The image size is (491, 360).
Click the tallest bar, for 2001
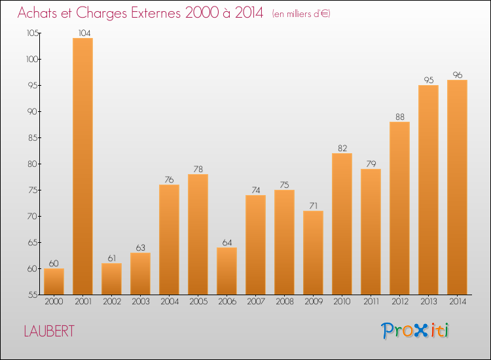[82, 166]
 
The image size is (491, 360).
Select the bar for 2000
[54, 281]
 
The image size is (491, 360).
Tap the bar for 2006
[227, 271]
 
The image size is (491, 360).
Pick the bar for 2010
[342, 224]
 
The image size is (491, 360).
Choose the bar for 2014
[457, 187]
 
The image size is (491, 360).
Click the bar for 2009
[313, 253]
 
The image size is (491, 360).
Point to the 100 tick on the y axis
[31, 60]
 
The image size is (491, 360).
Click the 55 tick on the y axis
[32, 295]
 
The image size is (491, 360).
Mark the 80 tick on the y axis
[32, 164]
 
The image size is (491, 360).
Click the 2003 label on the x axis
[140, 302]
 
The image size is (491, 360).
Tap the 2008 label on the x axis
[284, 302]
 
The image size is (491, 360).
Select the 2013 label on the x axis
[428, 302]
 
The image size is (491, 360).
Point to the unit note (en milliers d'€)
[300, 14]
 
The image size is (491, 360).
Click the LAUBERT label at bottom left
[48, 331]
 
